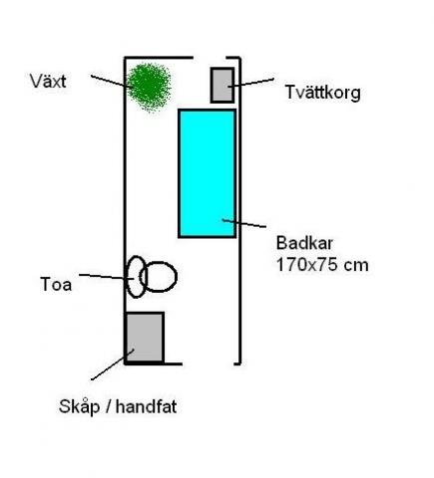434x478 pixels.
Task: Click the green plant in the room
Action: (149, 88)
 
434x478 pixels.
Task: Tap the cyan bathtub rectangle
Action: (208, 173)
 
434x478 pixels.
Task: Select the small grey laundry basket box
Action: (222, 85)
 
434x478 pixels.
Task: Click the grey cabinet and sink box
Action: (145, 338)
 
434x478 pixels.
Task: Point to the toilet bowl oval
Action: (159, 277)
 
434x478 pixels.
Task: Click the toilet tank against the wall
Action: (137, 277)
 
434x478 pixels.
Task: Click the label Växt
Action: (48, 82)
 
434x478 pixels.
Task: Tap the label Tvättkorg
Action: (323, 93)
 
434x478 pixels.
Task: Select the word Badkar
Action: (304, 243)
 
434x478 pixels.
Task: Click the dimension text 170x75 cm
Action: (322, 265)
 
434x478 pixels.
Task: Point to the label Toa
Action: (56, 285)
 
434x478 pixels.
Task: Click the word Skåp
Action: (79, 405)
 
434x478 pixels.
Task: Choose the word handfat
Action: (146, 406)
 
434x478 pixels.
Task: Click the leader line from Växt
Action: (112, 81)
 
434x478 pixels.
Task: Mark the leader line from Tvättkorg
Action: (251, 83)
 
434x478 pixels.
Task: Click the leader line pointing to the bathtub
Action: (244, 223)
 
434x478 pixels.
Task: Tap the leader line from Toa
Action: (107, 277)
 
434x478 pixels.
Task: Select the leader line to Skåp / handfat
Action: (113, 364)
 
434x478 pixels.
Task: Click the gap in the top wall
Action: (210, 58)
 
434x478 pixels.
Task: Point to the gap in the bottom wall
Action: (208, 363)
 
